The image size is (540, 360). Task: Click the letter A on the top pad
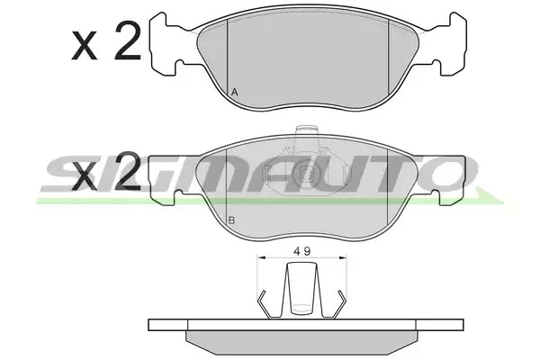[x=234, y=93]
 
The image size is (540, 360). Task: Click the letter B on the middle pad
[x=232, y=220]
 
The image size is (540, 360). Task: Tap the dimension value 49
[x=302, y=251]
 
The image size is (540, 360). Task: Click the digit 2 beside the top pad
[x=128, y=41]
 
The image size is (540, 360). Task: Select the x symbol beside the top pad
[x=84, y=46]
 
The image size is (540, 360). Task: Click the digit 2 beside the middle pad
[x=128, y=171]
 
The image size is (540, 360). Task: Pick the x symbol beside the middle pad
[x=84, y=175]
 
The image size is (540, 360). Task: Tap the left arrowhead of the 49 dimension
[x=261, y=257]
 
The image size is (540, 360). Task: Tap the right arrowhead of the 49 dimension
[x=343, y=257]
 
